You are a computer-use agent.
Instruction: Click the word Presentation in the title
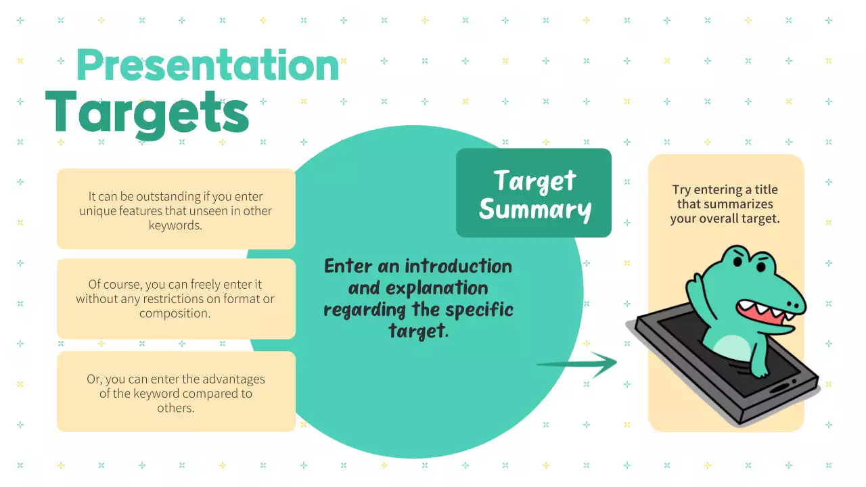[x=208, y=66]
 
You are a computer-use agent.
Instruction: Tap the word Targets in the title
[x=147, y=113]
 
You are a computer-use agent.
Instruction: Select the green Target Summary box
[x=534, y=193]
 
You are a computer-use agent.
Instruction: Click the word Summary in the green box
[x=535, y=210]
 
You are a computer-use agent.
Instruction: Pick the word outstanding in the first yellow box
[x=168, y=197]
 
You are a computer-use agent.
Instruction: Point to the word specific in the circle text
[x=481, y=310]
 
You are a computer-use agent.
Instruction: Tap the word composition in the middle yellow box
[x=175, y=313]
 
